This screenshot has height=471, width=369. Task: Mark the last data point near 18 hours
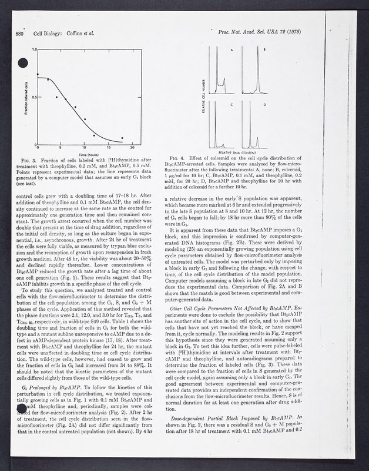click(122, 138)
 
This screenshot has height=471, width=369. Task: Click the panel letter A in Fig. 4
click(231, 51)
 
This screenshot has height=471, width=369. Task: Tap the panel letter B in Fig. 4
click(264, 51)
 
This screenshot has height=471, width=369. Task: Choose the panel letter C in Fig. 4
click(231, 104)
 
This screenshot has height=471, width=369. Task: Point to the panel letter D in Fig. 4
click(264, 104)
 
